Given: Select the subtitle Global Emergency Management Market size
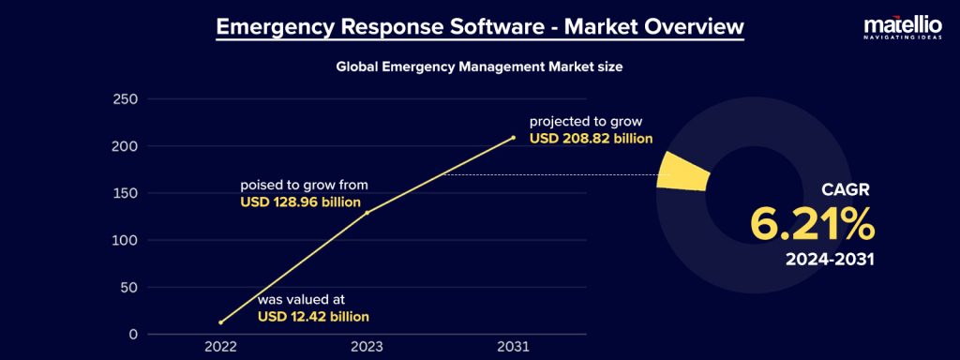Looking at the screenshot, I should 479,67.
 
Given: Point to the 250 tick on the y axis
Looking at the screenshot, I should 125,99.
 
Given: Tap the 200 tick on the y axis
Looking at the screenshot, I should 125,146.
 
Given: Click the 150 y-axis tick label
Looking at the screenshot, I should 125,193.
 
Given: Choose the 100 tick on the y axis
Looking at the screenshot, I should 125,240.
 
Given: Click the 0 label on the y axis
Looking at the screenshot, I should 133,334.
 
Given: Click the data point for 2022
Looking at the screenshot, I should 220,322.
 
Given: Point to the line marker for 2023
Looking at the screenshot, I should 367,213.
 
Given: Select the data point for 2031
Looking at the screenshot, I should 513,138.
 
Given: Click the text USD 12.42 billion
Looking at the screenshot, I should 313,317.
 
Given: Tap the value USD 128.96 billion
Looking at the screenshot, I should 301,202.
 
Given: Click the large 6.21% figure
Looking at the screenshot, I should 812,225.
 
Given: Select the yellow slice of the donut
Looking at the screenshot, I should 682,173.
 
